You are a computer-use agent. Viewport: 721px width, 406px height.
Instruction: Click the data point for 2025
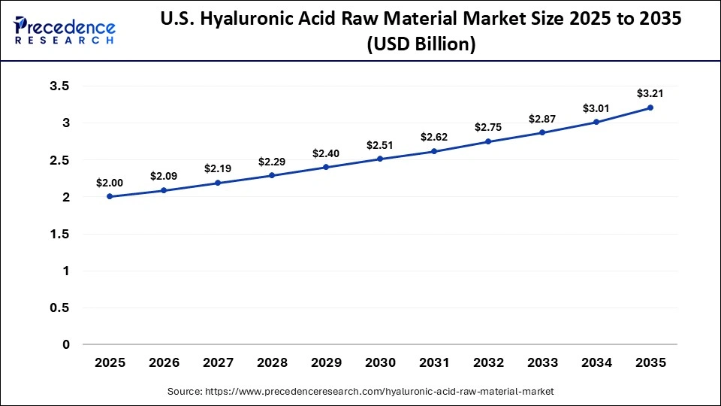point(110,196)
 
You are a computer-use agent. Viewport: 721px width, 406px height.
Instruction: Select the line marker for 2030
point(380,159)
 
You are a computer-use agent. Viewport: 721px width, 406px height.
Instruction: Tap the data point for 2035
point(650,108)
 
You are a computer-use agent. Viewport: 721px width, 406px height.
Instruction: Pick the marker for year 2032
point(488,141)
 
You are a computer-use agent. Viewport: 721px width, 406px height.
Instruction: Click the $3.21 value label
point(650,93)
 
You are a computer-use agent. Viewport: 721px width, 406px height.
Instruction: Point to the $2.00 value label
point(110,183)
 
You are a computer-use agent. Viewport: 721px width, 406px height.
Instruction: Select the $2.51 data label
point(380,145)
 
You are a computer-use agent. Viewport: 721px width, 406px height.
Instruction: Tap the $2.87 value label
point(542,119)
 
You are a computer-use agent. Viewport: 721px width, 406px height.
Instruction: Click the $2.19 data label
point(218,169)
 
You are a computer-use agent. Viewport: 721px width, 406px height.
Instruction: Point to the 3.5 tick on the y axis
point(59,86)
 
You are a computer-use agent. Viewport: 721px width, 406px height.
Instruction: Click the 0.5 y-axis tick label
point(59,308)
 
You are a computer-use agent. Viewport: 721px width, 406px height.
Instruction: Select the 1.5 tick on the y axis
point(59,234)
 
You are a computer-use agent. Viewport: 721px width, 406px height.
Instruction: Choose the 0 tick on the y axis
point(66,344)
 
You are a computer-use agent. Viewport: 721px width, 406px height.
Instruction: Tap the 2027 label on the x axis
point(218,362)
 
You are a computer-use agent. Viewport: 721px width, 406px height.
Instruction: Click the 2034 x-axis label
point(596,362)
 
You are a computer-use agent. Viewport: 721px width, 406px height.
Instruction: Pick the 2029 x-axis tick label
point(326,362)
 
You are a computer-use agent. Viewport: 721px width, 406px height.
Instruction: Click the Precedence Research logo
point(65,31)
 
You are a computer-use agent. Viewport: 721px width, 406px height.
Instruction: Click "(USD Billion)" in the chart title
point(421,44)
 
